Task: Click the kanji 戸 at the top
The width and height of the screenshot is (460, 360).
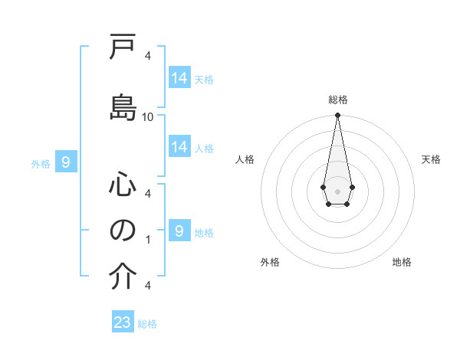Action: click(123, 49)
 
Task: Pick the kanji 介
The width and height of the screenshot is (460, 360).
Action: click(123, 277)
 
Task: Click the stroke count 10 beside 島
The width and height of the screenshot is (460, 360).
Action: click(148, 116)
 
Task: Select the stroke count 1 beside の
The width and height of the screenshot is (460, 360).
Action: click(148, 240)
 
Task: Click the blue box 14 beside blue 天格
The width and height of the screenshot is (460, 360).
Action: click(179, 78)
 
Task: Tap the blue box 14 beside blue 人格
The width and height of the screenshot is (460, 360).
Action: click(179, 147)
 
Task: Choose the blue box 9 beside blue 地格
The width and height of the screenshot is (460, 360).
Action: click(179, 231)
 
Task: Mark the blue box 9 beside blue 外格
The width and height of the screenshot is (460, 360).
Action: click(67, 162)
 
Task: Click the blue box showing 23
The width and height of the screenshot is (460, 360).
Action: click(123, 322)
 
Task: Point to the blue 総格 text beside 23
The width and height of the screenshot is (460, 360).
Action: click(147, 324)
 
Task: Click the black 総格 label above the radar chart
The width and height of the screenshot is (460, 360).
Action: click(337, 100)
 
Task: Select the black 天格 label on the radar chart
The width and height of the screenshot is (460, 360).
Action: click(432, 159)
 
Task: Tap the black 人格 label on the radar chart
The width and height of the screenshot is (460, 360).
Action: click(245, 159)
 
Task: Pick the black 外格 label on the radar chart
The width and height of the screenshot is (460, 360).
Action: click(270, 262)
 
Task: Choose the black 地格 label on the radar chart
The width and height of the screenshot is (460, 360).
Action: click(402, 262)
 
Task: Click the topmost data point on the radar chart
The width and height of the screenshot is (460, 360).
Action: click(337, 116)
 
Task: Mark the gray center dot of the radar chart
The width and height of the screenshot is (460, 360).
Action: click(337, 190)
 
